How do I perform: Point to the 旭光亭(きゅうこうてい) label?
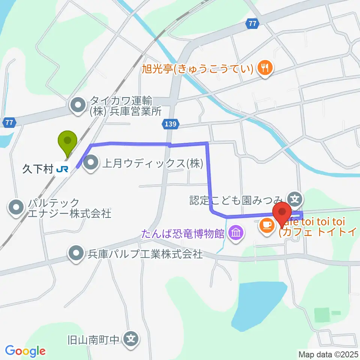click(199, 69)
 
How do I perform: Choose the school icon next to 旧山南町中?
click(131, 339)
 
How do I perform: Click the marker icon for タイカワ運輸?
click(78, 106)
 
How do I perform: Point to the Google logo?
click(25, 351)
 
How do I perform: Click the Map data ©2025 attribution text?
click(328, 354)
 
